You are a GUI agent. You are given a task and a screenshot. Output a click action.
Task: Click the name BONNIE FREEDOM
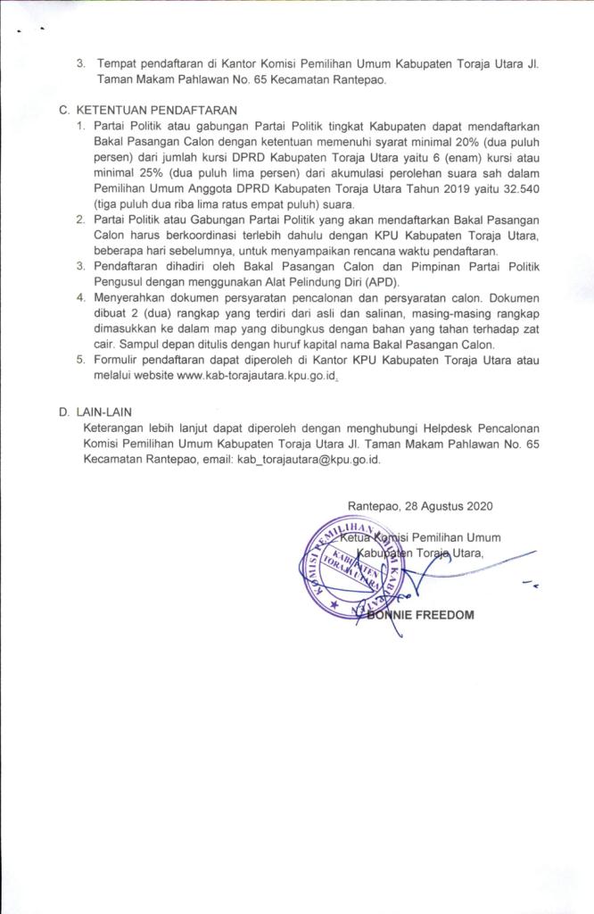coord(419,615)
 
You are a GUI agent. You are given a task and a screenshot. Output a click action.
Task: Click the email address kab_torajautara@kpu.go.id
coord(308,458)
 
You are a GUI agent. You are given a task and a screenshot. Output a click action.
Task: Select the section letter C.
coord(62,110)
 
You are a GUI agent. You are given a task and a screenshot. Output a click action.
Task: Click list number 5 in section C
coord(80,360)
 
